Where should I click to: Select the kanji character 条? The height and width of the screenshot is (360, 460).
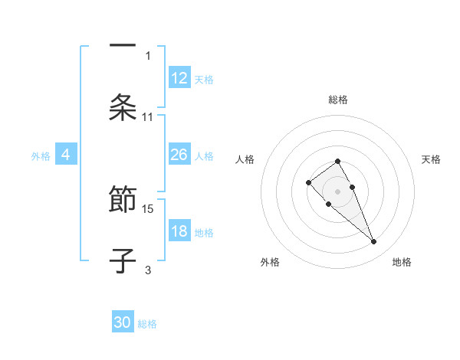coord(123,108)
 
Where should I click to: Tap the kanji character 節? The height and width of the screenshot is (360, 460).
coord(123,201)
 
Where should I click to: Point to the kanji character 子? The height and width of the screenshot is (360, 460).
coord(123,261)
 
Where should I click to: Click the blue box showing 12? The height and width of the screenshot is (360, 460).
coord(179,78)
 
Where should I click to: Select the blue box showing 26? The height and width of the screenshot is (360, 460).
coord(179,155)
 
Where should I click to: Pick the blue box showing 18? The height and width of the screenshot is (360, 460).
coord(179,231)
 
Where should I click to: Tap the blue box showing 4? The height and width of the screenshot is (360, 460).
coord(66,155)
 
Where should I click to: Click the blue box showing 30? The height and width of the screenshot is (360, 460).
coord(123,322)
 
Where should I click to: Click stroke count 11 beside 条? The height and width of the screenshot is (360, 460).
coord(148,116)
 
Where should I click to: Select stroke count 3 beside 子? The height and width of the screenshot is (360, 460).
coord(148,270)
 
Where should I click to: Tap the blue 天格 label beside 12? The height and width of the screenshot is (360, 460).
coord(204,79)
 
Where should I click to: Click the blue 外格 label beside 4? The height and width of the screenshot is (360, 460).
coord(41,155)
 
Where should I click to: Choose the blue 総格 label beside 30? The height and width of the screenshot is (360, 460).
coord(147,323)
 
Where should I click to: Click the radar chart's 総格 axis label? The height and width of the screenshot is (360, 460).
coord(338,100)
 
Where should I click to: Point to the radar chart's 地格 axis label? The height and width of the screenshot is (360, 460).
coord(402,262)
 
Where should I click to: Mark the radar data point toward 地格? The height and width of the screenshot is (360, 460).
coord(373,242)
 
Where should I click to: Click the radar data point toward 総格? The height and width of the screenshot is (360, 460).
coord(337,161)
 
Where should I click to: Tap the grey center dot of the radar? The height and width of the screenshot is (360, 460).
coord(337,191)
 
